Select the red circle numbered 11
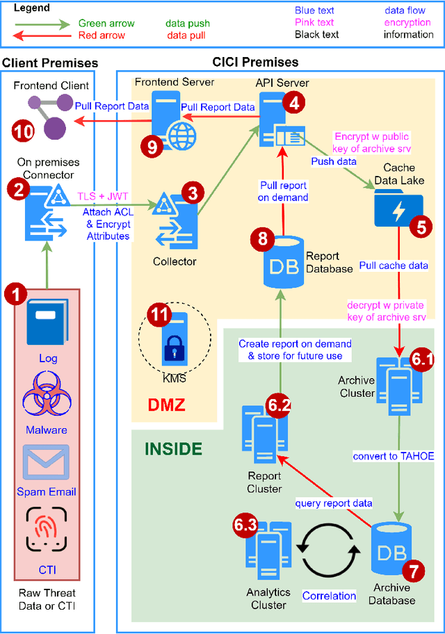pos(161,315)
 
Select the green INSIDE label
pos(173,449)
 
